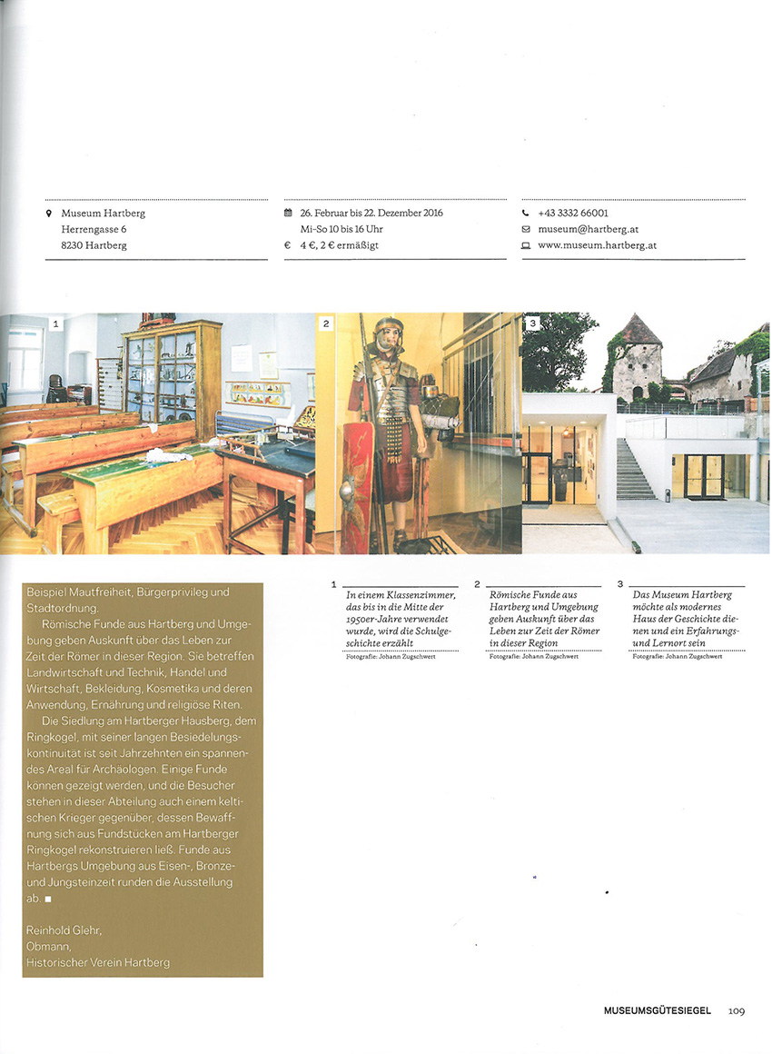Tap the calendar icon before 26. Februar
[288, 214]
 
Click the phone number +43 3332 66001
[572, 214]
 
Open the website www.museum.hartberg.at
[597, 245]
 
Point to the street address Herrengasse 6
[94, 229]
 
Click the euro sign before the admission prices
[288, 245]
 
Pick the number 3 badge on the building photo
[533, 323]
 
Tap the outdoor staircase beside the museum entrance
[636, 469]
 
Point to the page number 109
[736, 1010]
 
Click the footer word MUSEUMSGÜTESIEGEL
[658, 1010]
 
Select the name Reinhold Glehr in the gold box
[64, 930]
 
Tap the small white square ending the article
[48, 899]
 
